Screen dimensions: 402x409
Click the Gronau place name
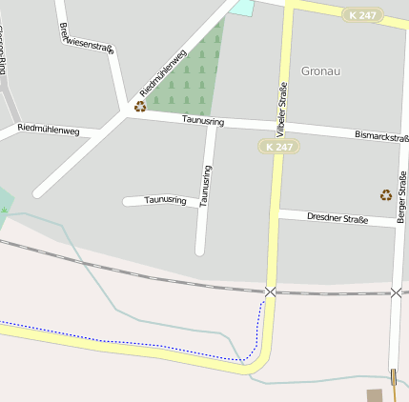coord(320,70)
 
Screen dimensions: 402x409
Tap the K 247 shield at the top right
coord(364,15)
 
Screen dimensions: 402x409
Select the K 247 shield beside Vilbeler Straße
coord(279,147)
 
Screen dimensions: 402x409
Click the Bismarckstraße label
coord(381,137)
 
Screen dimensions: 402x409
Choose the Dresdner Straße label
coord(337,218)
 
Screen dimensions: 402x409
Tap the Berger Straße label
coord(401,197)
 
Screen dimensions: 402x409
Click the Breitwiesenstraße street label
coord(86,36)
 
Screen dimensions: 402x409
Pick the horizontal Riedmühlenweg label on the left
coord(48,129)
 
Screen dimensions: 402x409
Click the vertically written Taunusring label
coord(206,186)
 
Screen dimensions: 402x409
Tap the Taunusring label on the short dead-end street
coord(165,200)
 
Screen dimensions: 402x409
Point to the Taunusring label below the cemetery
coord(202,121)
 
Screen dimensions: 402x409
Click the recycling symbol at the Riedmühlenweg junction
coord(140,107)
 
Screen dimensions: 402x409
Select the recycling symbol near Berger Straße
coord(385,194)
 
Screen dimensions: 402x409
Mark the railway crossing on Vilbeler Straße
coord(271,291)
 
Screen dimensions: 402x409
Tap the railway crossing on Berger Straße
coord(396,292)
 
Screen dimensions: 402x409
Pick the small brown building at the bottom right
coord(375,394)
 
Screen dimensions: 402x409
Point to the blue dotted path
coord(143,345)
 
